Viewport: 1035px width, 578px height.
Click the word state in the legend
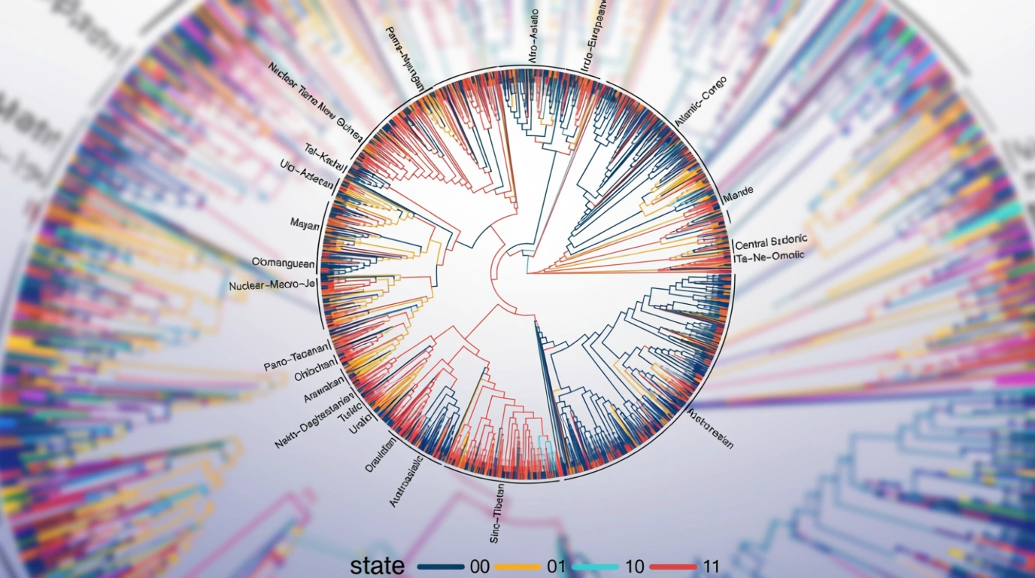point(378,565)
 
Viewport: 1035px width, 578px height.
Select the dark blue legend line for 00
point(440,567)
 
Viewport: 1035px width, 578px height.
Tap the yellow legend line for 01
point(516,567)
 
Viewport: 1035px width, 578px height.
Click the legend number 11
point(710,567)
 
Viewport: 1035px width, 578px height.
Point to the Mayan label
point(305,223)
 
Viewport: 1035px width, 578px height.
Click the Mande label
point(738,198)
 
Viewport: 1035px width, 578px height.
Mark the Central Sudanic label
point(771,242)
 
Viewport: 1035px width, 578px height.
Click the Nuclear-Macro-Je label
point(272,286)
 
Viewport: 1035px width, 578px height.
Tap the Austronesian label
point(711,428)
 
